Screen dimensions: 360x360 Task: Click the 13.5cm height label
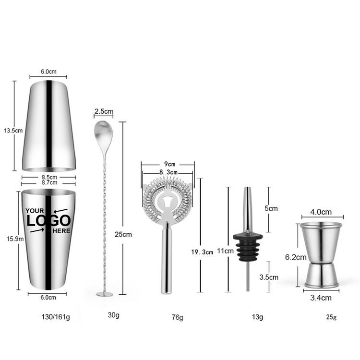[13, 131]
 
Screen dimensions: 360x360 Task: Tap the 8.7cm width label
[49, 182]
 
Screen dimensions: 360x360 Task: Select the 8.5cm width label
[49, 177]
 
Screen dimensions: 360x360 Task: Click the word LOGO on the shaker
[48, 221]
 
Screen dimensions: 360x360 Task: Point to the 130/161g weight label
[56, 317]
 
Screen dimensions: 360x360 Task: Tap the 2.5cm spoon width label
[104, 111]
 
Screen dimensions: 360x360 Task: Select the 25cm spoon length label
[123, 234]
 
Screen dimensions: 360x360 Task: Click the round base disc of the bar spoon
[105, 294]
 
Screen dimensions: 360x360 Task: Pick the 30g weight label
[113, 315]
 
